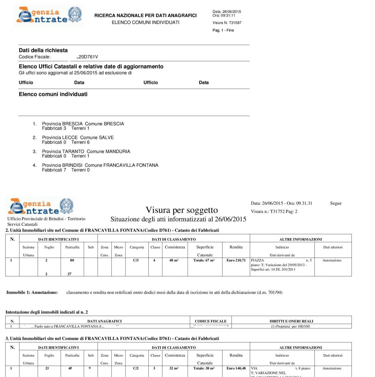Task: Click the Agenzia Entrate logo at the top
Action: tap(49, 16)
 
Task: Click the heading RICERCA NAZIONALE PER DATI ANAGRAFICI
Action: tap(145, 15)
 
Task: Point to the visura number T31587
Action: tap(227, 23)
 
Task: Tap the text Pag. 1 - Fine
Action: tap(223, 30)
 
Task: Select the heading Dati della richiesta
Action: tap(43, 50)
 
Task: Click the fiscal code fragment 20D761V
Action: tap(88, 57)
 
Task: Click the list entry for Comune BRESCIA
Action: tap(83, 124)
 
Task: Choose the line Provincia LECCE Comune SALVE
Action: tap(78, 138)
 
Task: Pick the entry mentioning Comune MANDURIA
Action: tap(86, 151)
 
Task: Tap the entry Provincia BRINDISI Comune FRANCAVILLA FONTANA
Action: tap(100, 165)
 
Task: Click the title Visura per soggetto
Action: tap(182, 210)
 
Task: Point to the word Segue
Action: tap(335, 203)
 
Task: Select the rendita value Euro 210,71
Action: tap(236, 260)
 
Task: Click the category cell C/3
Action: tap(136, 260)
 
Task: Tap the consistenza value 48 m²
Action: tap(174, 260)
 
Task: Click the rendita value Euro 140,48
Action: tap(236, 368)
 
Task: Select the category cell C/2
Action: tap(136, 368)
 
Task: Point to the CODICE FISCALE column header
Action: tap(211, 321)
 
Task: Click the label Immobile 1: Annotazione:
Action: tap(32, 292)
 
